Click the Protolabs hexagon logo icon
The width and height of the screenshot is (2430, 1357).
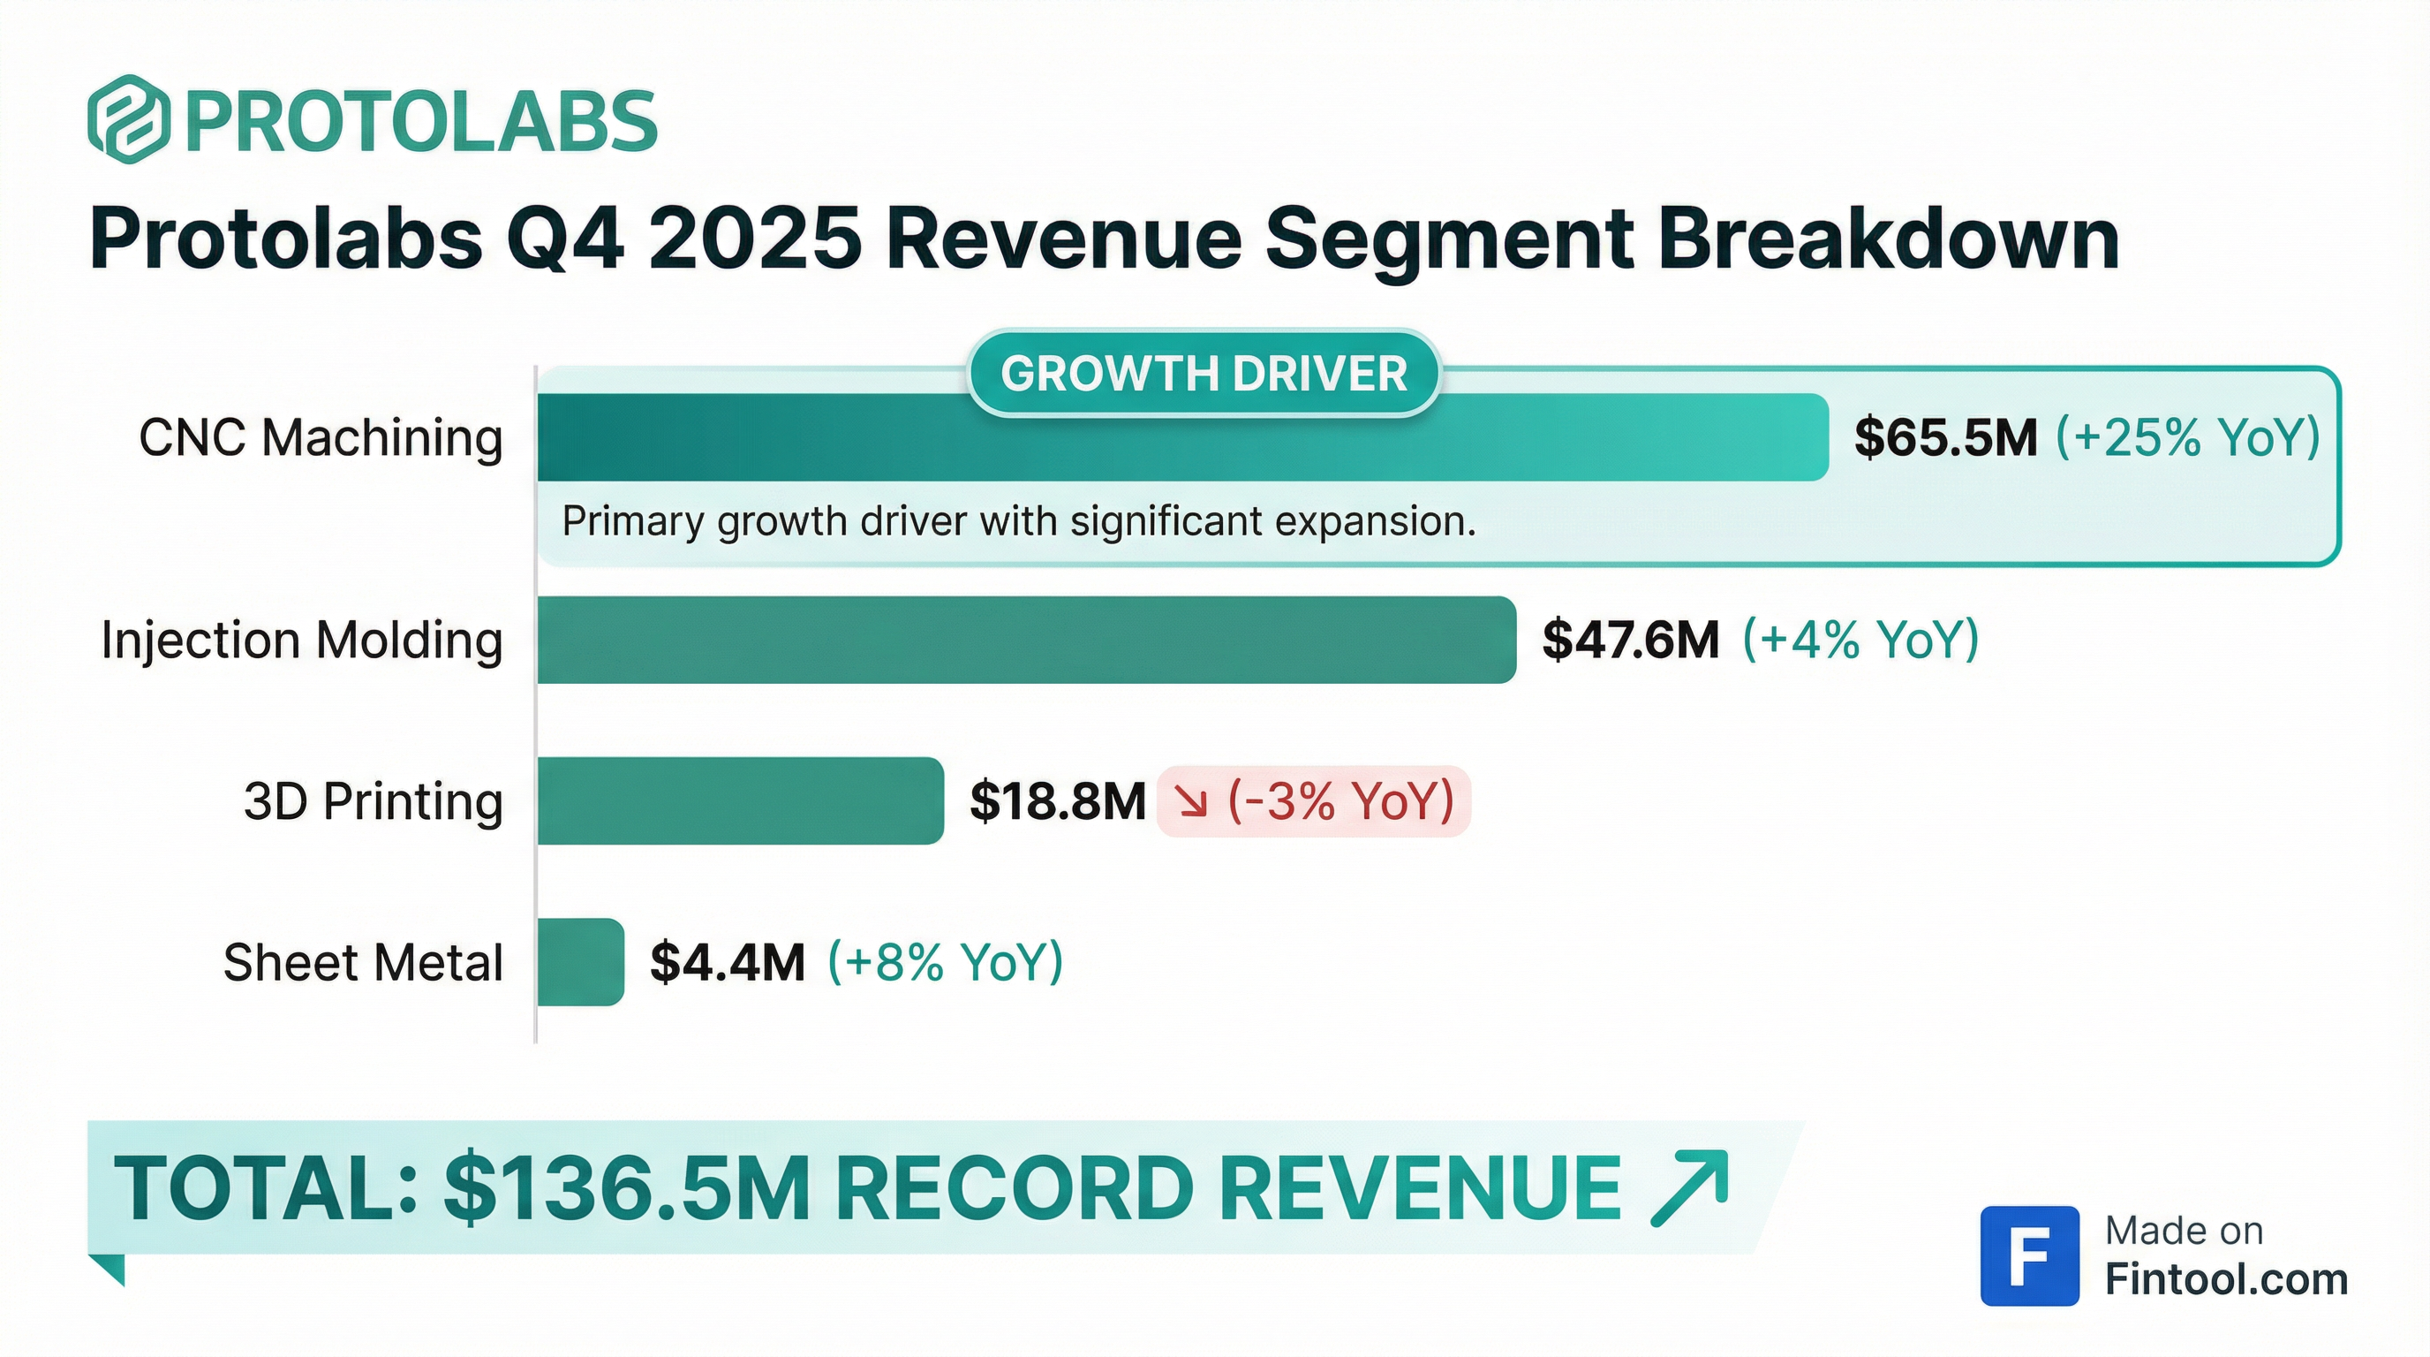pyautogui.click(x=129, y=120)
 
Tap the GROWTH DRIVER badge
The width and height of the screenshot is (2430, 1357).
pyautogui.click(x=1204, y=374)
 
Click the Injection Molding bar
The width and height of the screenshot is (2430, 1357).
pyautogui.click(x=1025, y=640)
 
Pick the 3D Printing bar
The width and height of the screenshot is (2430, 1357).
pyautogui.click(x=740, y=801)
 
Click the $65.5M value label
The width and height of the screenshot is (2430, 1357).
pyautogui.click(x=1945, y=438)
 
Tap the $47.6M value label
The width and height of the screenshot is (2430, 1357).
pyautogui.click(x=1630, y=640)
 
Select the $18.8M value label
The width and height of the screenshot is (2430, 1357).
pyautogui.click(x=1057, y=801)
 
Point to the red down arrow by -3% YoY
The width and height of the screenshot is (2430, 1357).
pyautogui.click(x=1191, y=802)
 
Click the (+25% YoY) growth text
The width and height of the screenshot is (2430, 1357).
pyautogui.click(x=2186, y=438)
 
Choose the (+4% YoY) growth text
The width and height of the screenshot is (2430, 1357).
pyautogui.click(x=1860, y=640)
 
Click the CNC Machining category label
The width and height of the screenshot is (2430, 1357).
pyautogui.click(x=321, y=438)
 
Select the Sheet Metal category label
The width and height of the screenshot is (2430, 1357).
pyautogui.click(x=362, y=963)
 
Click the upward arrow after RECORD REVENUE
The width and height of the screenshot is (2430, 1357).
pyautogui.click(x=1689, y=1187)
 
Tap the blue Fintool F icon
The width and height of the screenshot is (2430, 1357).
pyautogui.click(x=2029, y=1255)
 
